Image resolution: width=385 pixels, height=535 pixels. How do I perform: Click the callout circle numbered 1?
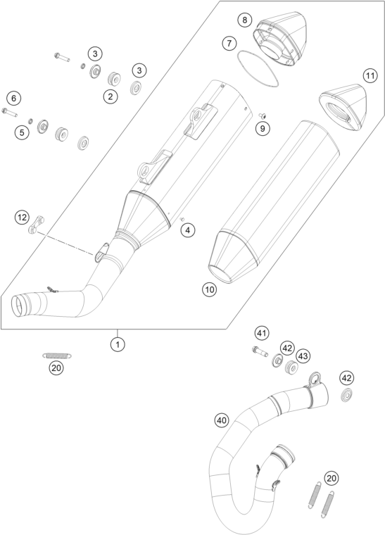118,344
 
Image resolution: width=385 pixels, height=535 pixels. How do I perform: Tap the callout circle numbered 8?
244,20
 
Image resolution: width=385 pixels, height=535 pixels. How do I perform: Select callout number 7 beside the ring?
229,44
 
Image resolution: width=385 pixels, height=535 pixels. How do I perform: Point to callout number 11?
370,75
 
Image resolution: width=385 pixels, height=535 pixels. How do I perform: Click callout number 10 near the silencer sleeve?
209,290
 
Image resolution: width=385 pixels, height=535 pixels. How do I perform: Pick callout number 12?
22,218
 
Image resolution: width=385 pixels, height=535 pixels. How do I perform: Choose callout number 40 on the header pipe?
222,421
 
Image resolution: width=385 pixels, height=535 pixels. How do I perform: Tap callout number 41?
262,333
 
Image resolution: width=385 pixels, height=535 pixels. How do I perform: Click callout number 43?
303,356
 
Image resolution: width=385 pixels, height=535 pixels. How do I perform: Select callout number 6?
13,99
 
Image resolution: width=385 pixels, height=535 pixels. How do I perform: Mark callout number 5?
22,132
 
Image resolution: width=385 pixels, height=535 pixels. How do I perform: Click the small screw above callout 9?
263,115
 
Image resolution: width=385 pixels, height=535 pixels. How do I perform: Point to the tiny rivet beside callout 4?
182,219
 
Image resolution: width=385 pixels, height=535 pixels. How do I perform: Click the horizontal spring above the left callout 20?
57,355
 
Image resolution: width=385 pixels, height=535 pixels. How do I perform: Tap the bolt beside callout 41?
260,351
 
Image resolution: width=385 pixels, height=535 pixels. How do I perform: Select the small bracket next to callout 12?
36,225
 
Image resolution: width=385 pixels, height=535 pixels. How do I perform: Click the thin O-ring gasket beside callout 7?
258,68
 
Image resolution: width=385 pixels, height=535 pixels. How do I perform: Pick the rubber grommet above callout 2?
113,79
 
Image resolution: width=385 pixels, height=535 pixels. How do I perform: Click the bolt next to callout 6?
10,112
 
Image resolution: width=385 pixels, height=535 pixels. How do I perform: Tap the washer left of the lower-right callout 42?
347,395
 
